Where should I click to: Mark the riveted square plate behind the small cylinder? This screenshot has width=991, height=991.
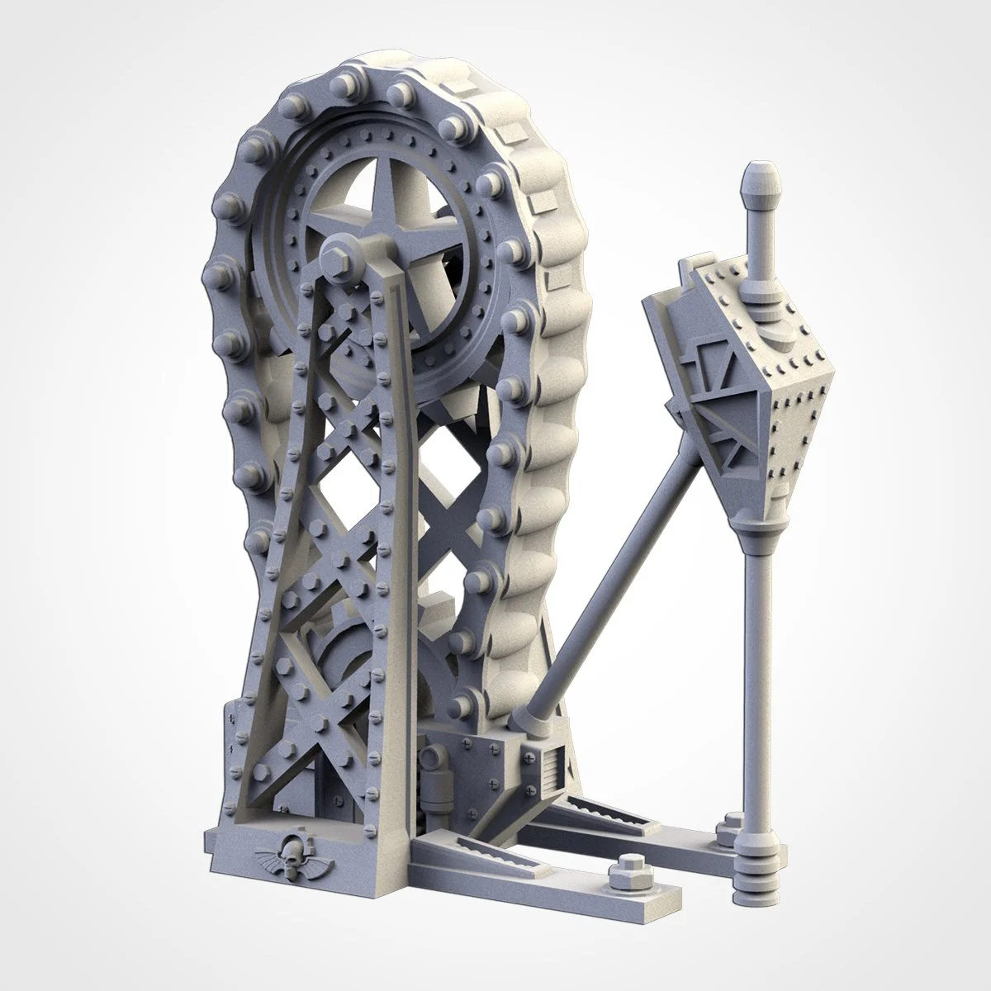467,743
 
